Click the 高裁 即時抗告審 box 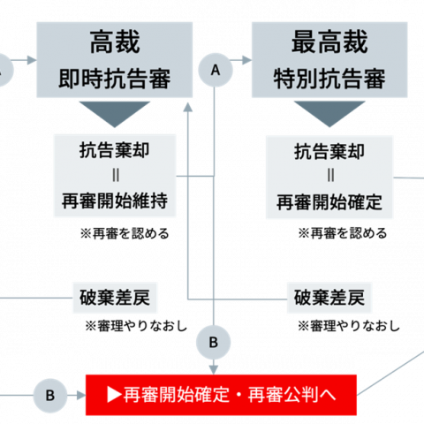click(x=115, y=59)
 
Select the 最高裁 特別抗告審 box click(x=329, y=59)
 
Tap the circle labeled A click(x=216, y=70)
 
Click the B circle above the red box click(x=214, y=343)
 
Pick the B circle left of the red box click(x=50, y=396)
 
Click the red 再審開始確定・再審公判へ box click(x=221, y=395)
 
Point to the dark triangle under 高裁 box click(x=115, y=114)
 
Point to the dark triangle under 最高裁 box click(x=329, y=114)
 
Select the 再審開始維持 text click(x=115, y=201)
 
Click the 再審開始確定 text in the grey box click(x=329, y=202)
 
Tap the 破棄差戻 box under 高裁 click(x=115, y=298)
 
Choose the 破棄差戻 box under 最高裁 click(x=329, y=298)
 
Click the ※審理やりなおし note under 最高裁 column click(x=349, y=326)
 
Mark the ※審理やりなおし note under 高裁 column click(x=136, y=326)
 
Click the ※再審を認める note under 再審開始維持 click(x=125, y=233)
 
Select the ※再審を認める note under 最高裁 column click(x=343, y=233)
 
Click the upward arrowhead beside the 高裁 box click(x=188, y=107)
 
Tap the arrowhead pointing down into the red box click(x=214, y=370)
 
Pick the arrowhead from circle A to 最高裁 click(x=246, y=60)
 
